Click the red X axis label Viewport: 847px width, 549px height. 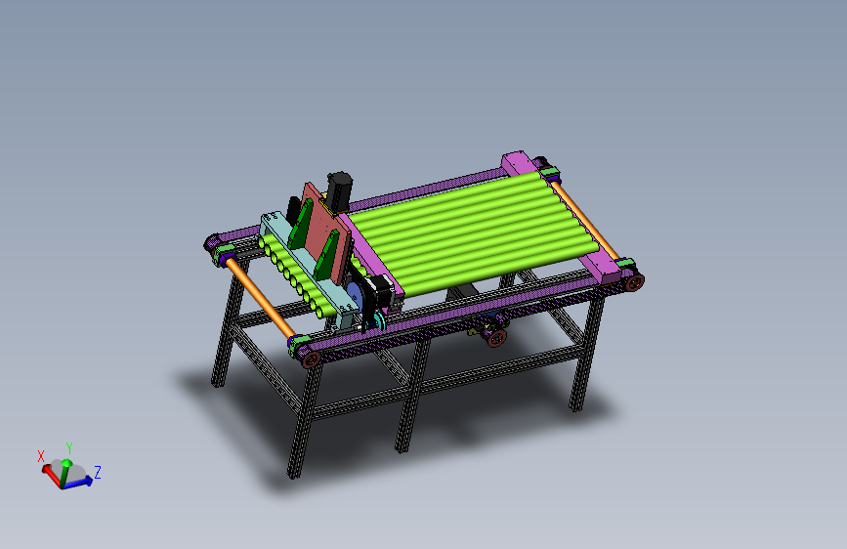tap(41, 455)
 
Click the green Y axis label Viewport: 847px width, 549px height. tap(69, 448)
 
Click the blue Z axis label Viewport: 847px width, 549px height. tap(98, 472)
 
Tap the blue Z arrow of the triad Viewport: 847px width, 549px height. tap(77, 484)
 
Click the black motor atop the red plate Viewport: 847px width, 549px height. tap(339, 190)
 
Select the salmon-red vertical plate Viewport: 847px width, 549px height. tap(324, 232)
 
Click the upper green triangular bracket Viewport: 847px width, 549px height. tap(300, 225)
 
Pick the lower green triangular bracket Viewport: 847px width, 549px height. tap(326, 255)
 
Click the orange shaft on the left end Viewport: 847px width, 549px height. tap(260, 297)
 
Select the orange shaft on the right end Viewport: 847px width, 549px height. tap(584, 220)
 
